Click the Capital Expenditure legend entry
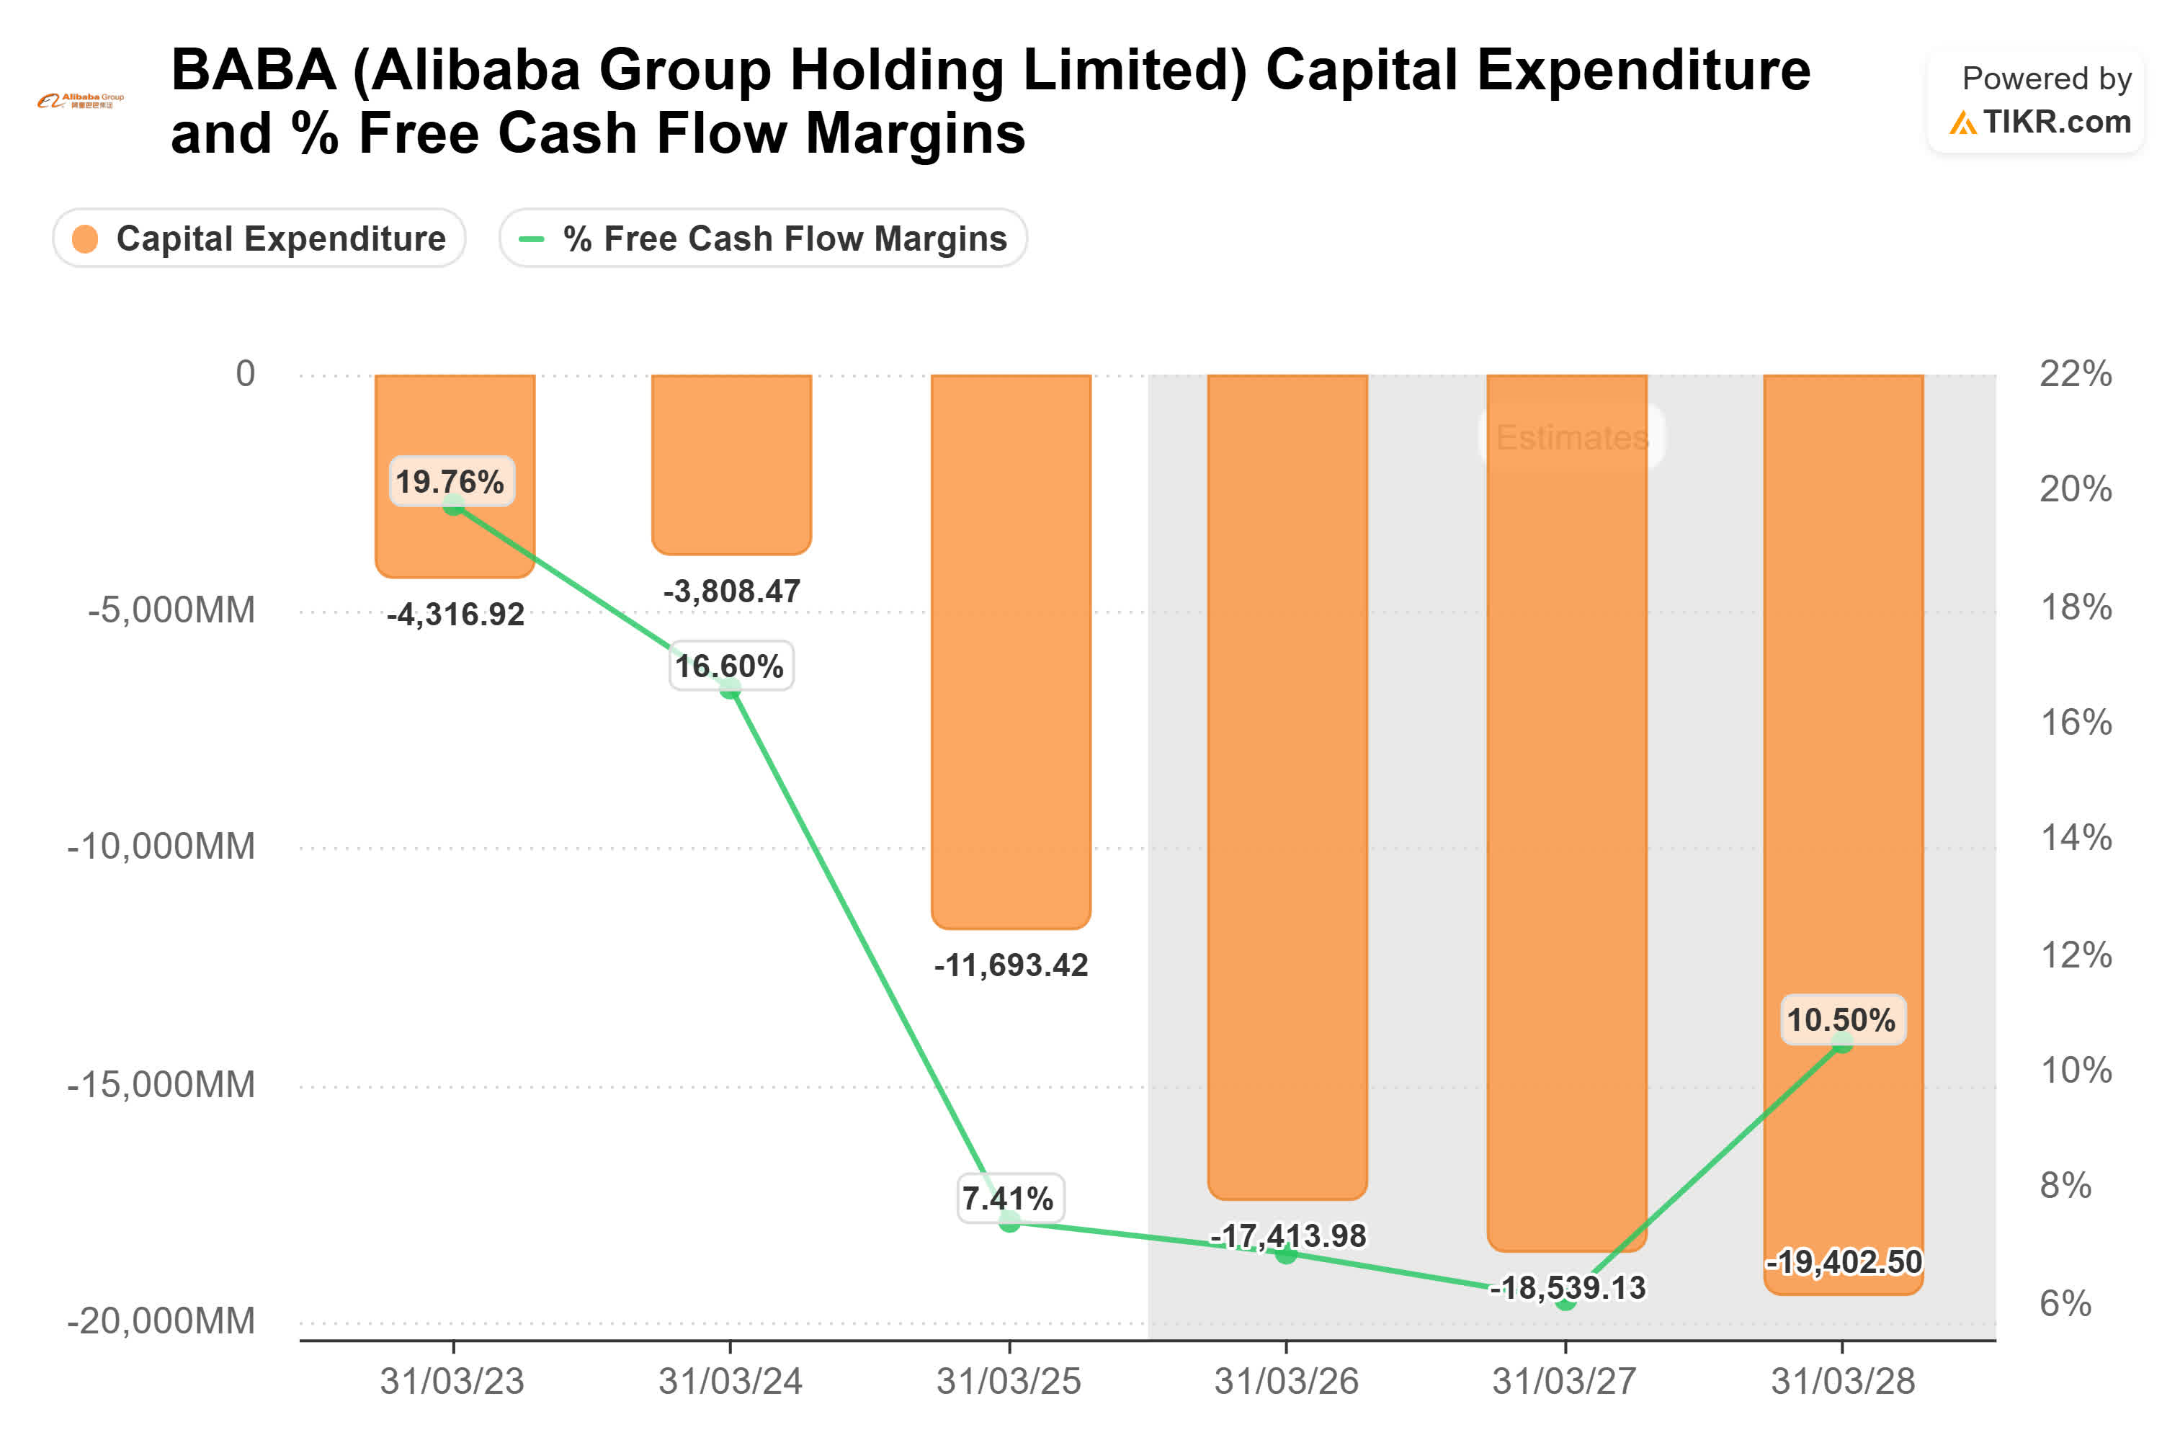click(x=259, y=238)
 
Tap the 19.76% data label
click(x=450, y=481)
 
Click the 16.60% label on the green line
click(x=729, y=666)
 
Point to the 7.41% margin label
click(x=1008, y=1197)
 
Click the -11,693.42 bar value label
click(x=1010, y=965)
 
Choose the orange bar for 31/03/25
click(x=1010, y=648)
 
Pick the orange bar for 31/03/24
click(x=731, y=463)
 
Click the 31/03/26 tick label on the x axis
click(x=1286, y=1381)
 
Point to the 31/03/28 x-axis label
click(x=1842, y=1381)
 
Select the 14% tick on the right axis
click(x=2076, y=838)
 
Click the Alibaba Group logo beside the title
click(x=81, y=100)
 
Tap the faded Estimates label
click(x=1571, y=437)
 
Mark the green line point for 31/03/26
click(x=1286, y=1253)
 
